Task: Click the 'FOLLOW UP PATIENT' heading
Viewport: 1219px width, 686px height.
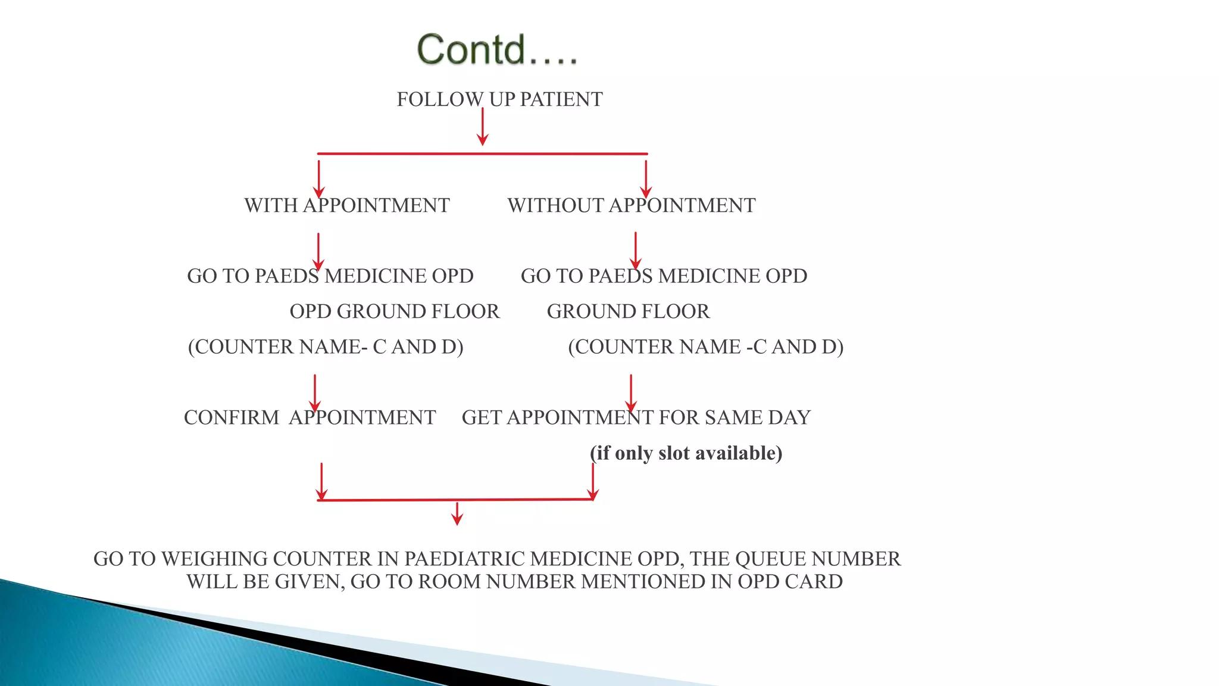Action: [499, 99]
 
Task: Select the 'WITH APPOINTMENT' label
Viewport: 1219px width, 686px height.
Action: [347, 205]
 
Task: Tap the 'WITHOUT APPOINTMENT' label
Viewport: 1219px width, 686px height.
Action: [632, 205]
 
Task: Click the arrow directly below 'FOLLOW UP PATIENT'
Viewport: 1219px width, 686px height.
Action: [483, 127]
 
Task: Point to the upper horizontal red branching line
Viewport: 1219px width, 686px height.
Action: [482, 154]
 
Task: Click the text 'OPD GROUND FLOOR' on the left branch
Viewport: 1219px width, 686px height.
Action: [395, 311]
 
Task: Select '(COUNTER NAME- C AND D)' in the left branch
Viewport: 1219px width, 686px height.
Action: [326, 347]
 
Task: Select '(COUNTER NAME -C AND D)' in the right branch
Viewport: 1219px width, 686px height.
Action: [706, 347]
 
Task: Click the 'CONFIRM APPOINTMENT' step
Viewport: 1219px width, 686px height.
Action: [310, 417]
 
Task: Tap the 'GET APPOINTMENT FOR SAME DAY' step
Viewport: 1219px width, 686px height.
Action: [636, 417]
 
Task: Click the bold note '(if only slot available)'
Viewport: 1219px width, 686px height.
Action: [686, 453]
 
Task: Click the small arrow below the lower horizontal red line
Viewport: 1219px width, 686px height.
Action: [457, 514]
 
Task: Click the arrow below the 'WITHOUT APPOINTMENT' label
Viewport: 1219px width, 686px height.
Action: [636, 250]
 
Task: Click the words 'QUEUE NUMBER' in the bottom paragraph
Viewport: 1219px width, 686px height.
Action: [818, 559]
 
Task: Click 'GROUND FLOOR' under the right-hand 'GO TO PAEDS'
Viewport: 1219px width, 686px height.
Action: [628, 311]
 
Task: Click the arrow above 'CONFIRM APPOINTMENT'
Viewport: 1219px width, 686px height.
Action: [315, 393]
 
